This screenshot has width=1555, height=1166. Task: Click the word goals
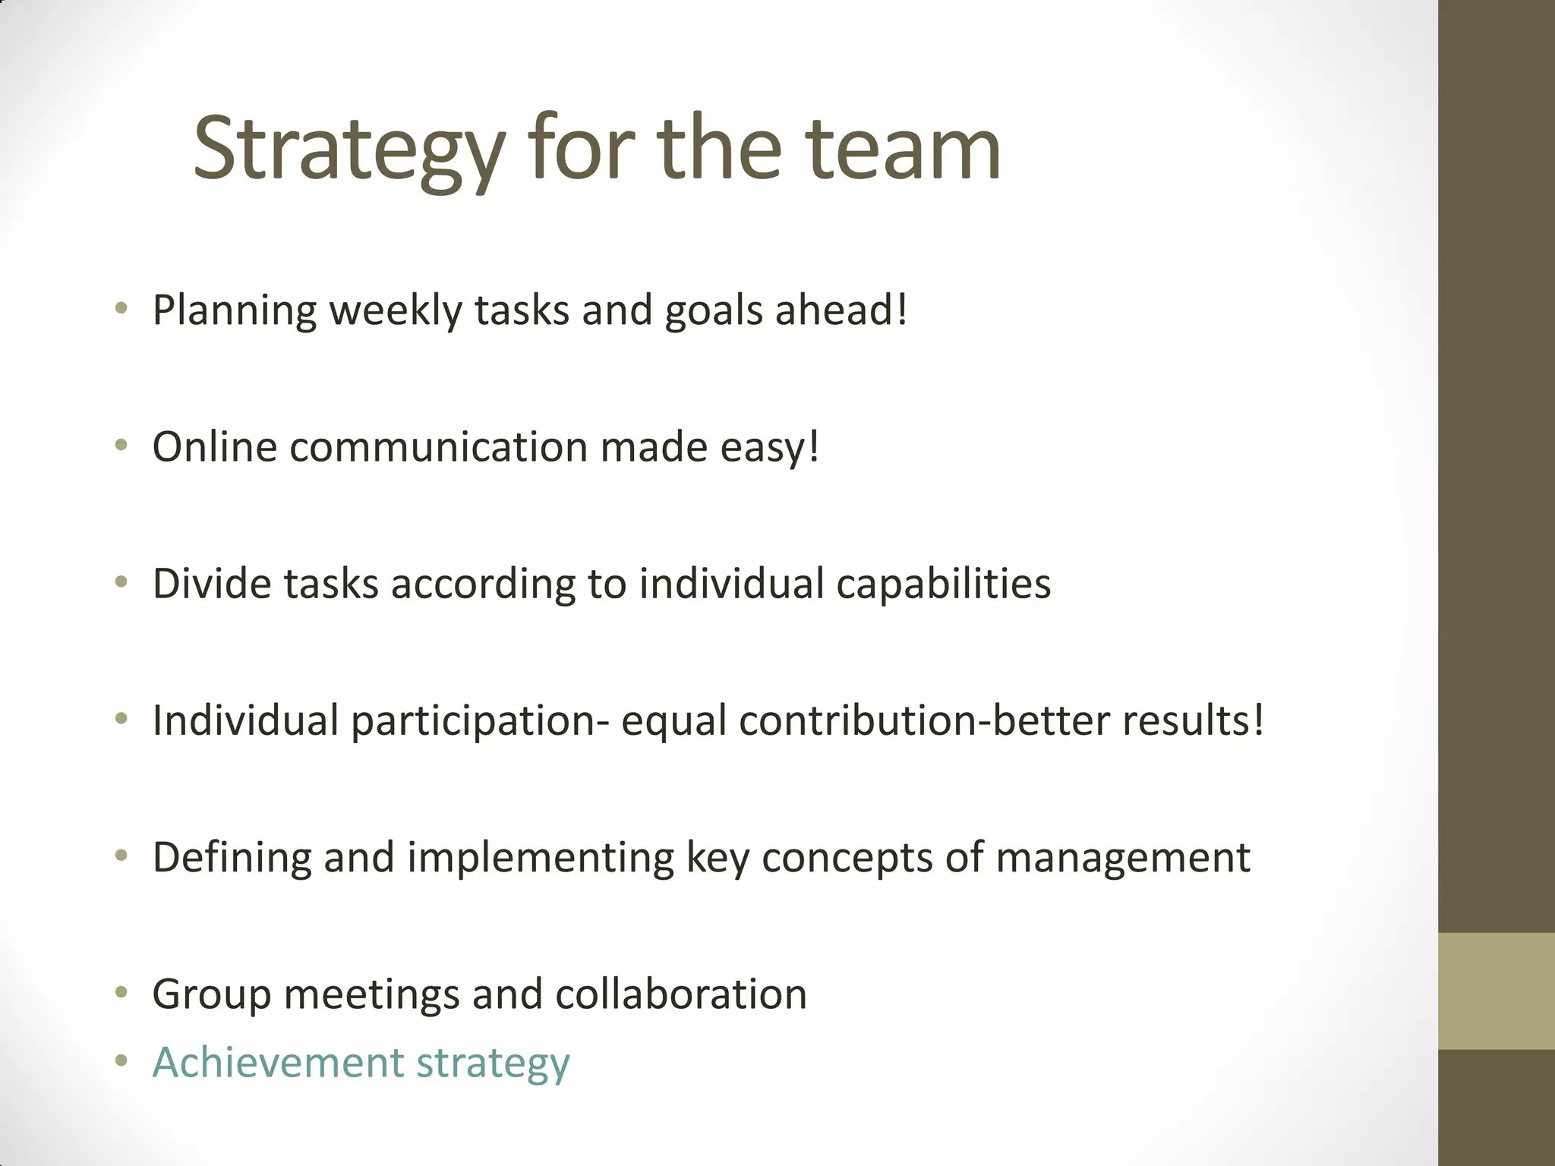(x=713, y=310)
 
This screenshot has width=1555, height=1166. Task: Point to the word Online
(x=215, y=446)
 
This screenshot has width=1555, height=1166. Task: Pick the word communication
(x=439, y=446)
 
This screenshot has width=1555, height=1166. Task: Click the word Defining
(x=232, y=858)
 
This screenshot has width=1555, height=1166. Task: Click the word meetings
(x=371, y=994)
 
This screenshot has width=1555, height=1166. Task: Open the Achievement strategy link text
(x=361, y=1063)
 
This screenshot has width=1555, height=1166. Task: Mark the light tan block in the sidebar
(x=1497, y=991)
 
